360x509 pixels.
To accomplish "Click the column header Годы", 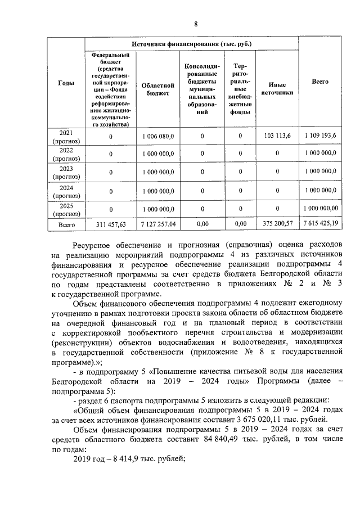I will (66, 83).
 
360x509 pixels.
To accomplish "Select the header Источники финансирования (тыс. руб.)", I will (191, 43).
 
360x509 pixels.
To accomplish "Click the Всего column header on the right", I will (320, 82).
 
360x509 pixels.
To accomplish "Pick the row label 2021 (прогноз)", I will (66, 137).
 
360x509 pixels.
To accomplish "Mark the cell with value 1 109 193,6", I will (320, 137).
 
